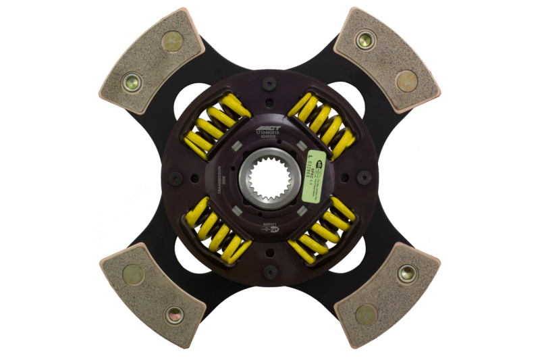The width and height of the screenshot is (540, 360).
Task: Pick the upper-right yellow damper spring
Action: [322, 124]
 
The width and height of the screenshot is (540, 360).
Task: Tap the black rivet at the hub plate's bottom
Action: [270, 272]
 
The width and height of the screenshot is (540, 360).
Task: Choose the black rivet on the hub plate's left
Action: [176, 178]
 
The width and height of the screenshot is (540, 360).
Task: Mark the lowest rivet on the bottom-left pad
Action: [174, 314]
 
